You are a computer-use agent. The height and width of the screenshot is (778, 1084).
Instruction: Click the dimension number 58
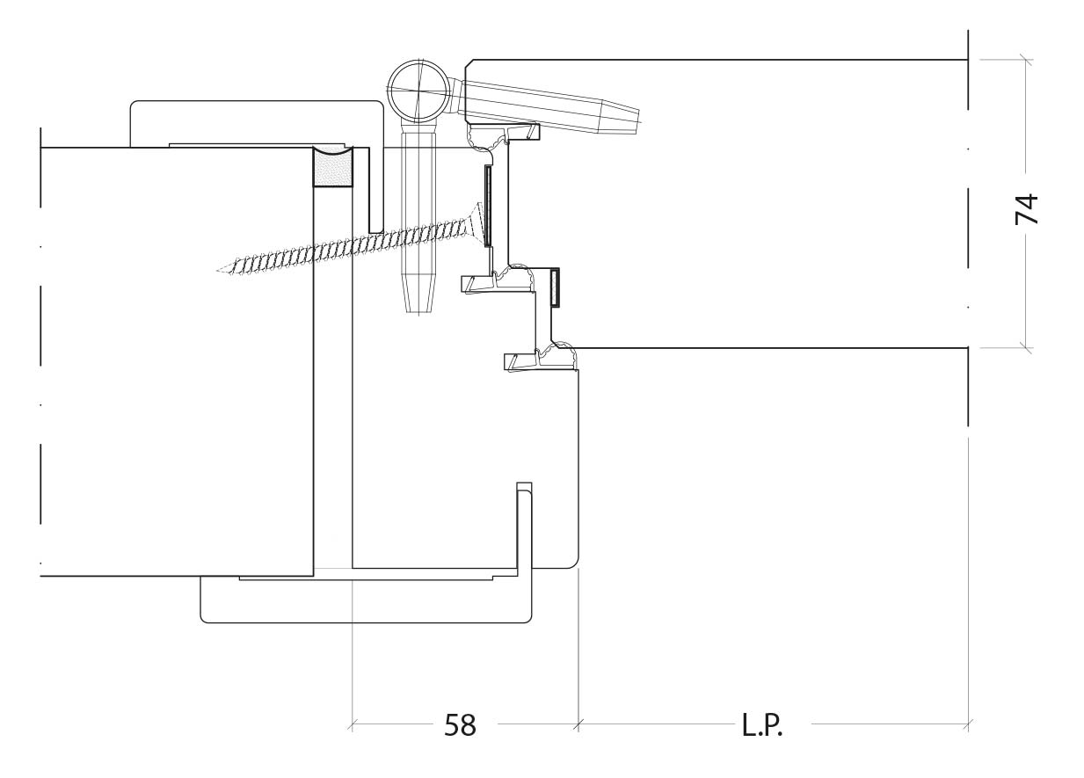(460, 724)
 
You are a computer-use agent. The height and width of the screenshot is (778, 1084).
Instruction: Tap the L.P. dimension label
(762, 724)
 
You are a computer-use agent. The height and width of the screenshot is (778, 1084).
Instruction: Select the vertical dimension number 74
(1026, 209)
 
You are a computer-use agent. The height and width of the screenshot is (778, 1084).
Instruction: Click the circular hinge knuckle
(420, 91)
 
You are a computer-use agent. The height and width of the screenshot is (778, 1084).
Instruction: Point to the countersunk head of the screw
(476, 223)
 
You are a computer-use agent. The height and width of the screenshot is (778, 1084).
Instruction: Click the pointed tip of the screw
(219, 270)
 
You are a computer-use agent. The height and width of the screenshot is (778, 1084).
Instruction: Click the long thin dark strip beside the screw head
(488, 205)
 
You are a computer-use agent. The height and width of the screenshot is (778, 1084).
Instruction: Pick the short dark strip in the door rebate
(555, 287)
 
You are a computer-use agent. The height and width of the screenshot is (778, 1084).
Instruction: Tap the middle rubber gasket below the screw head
(498, 280)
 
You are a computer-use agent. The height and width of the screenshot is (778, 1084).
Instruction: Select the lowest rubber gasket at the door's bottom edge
(541, 357)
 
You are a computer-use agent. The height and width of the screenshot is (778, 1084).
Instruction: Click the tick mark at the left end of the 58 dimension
(352, 724)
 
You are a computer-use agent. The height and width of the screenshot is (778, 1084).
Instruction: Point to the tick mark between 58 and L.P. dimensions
(578, 724)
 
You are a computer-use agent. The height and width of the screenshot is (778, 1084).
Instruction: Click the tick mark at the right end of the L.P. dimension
(968, 724)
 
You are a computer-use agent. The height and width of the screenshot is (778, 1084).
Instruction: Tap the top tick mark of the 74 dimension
(1025, 60)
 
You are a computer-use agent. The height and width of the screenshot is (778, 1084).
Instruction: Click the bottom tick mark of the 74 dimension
(1025, 347)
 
